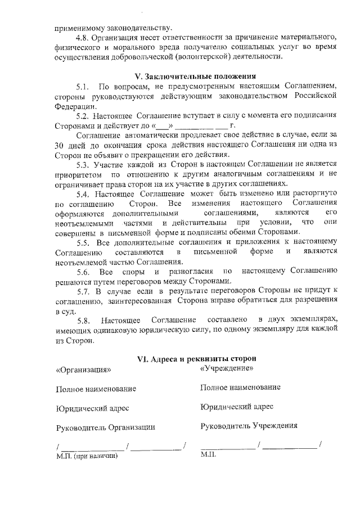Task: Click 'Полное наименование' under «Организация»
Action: [x=96, y=389]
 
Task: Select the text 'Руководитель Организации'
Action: [x=105, y=427]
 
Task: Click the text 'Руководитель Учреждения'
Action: [x=249, y=426]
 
